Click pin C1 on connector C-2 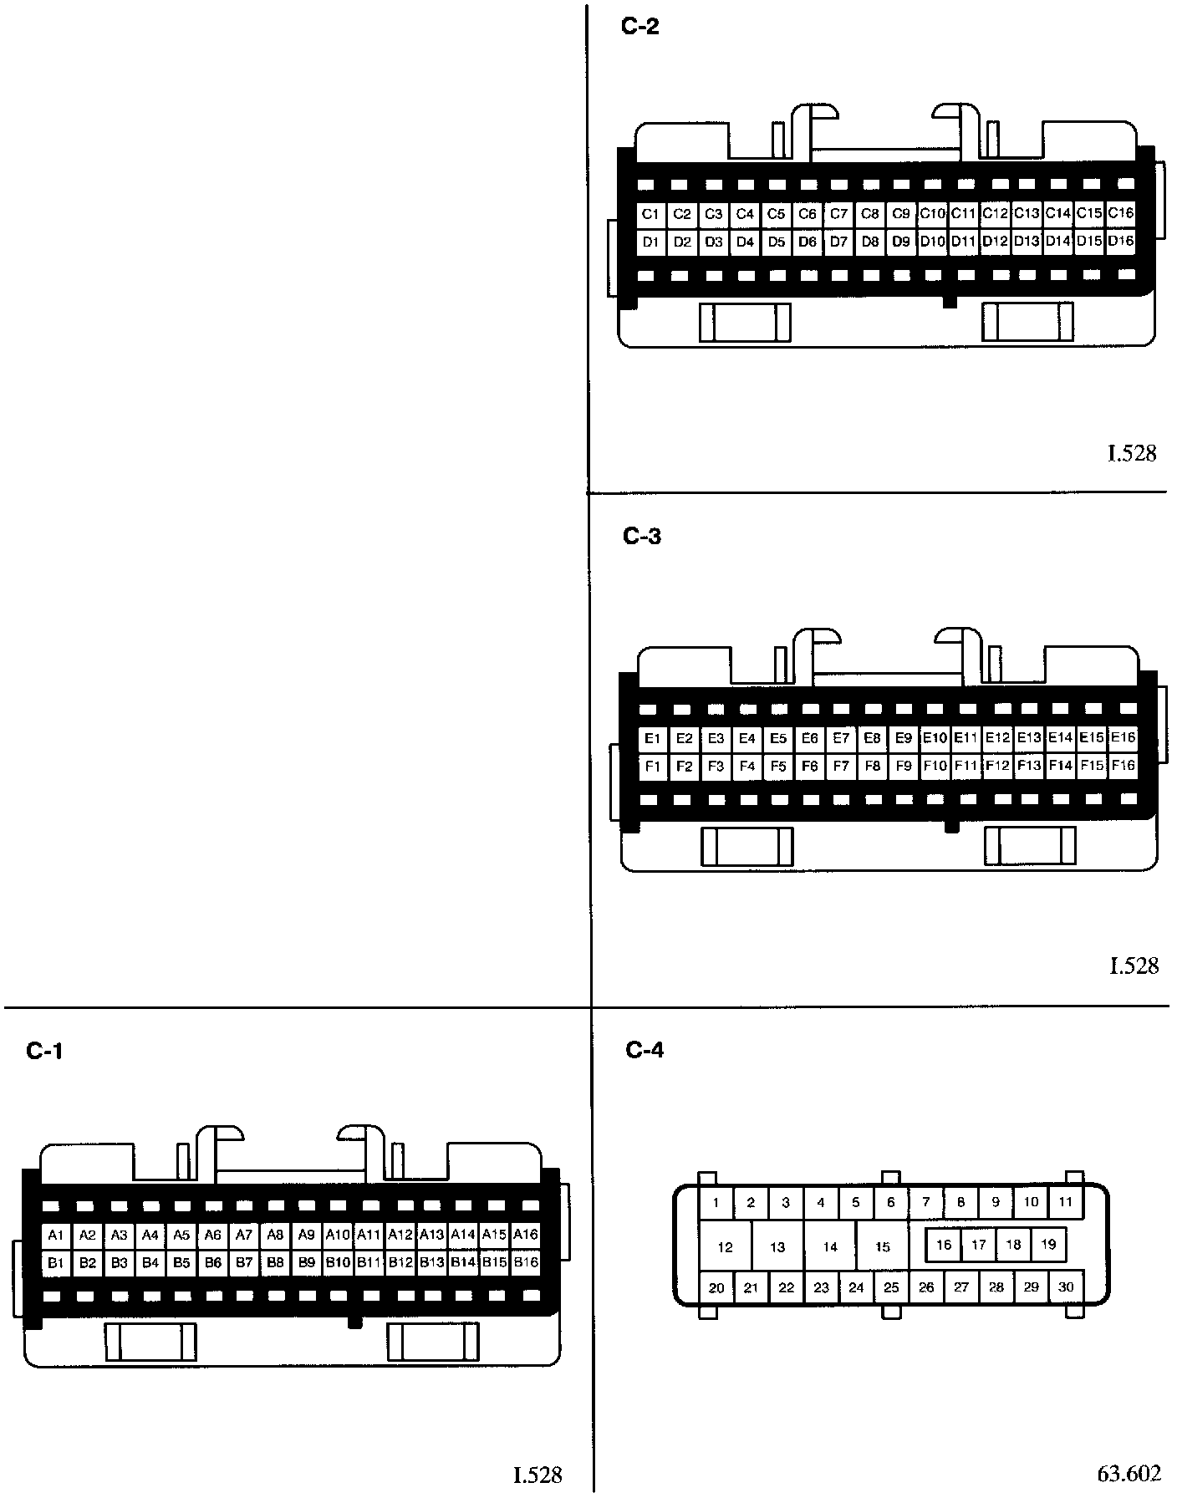pos(650,214)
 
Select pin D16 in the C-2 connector pos(1121,242)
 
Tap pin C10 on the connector pos(932,214)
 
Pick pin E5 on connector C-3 pos(778,738)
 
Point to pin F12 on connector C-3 pos(997,766)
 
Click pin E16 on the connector pos(1123,737)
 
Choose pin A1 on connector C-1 pos(56,1235)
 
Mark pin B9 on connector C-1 pos(307,1262)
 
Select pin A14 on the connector pos(463,1235)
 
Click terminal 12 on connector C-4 pos(725,1246)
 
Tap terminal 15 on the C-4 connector pos(883,1246)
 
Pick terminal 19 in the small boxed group pos(1048,1244)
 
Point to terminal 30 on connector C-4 pos(1066,1287)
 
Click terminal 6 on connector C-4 pos(891,1203)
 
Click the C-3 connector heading pos(642,536)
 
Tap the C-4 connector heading pos(645,1050)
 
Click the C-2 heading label pos(640,27)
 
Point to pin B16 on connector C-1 pos(526,1262)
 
